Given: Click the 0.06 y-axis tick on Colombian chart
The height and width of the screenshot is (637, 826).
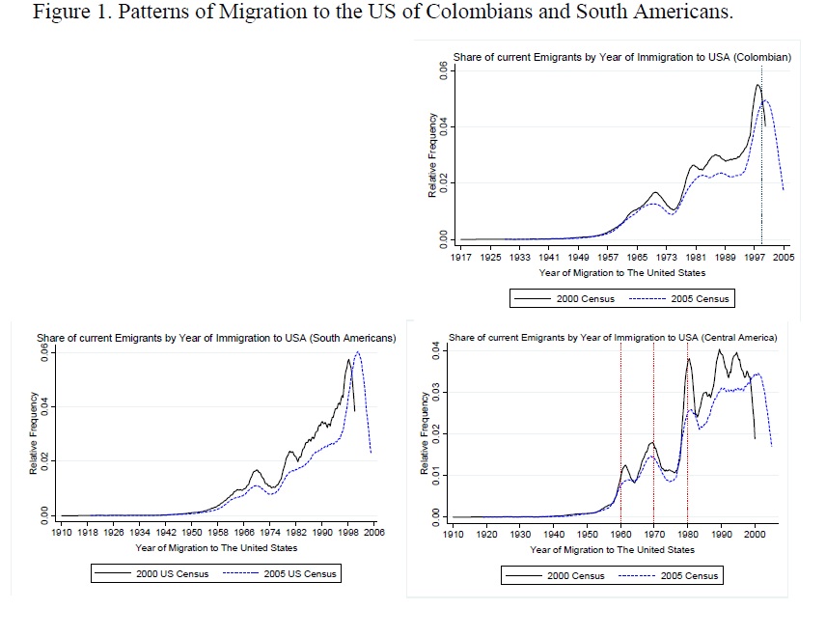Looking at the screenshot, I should pyautogui.click(x=442, y=71).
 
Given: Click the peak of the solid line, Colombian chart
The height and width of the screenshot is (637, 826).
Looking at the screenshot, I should pyautogui.click(x=758, y=85).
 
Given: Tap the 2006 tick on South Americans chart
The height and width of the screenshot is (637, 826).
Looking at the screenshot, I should pyautogui.click(x=374, y=532).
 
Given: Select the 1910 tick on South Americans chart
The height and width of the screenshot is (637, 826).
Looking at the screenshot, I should pyautogui.click(x=59, y=532).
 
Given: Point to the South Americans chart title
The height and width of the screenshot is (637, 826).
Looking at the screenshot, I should pyautogui.click(x=216, y=338).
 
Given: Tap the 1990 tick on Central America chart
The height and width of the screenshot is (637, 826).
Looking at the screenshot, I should pyautogui.click(x=721, y=533).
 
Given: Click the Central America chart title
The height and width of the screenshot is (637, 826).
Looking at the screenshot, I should pyautogui.click(x=613, y=338).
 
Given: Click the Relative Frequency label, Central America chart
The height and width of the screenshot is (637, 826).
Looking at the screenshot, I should pyautogui.click(x=426, y=432).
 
